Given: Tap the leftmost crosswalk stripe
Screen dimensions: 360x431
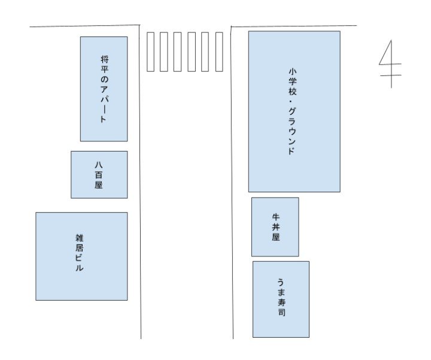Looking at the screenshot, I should point(151,52).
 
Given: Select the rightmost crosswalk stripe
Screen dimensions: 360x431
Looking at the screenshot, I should point(219,52).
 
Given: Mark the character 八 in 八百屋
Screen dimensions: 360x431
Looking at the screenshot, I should point(99,164).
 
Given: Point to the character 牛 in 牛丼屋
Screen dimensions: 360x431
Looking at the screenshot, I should point(276,217).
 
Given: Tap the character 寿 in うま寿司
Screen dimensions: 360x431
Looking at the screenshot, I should point(281,302).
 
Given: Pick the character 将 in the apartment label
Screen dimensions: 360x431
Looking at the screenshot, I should point(104,59).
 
